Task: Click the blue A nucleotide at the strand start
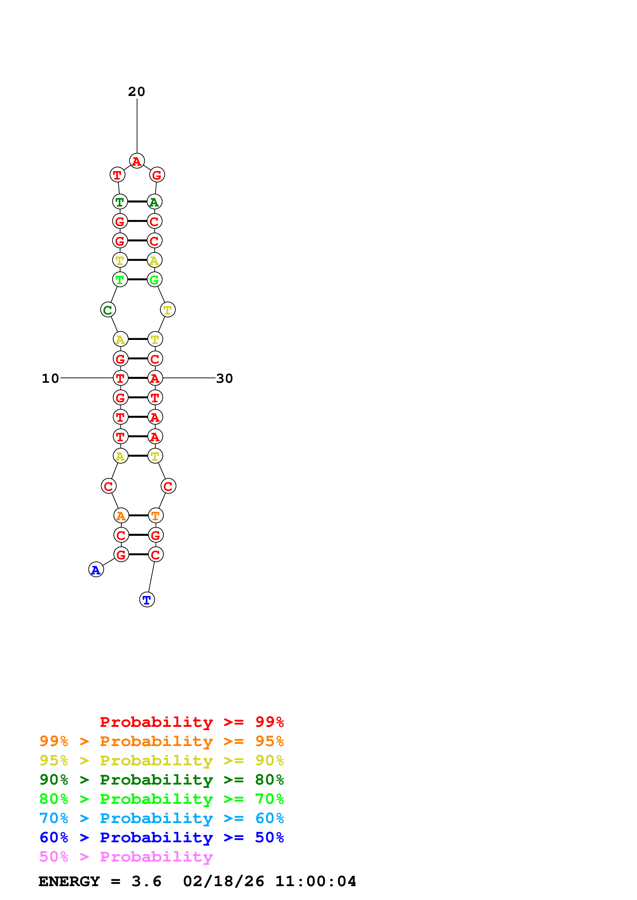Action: coord(96,570)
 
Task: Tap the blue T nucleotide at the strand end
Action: coord(147,599)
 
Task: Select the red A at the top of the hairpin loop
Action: coord(137,161)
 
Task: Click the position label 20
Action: coord(137,92)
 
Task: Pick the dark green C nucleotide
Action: coord(108,310)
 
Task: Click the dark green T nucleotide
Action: coord(120,202)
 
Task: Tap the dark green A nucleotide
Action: coord(154,202)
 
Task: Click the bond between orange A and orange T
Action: coord(138,515)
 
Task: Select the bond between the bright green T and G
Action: coord(137,279)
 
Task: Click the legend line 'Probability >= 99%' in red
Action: coord(191,722)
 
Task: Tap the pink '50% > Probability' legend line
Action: coord(126,857)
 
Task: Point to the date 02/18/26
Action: coord(224,882)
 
